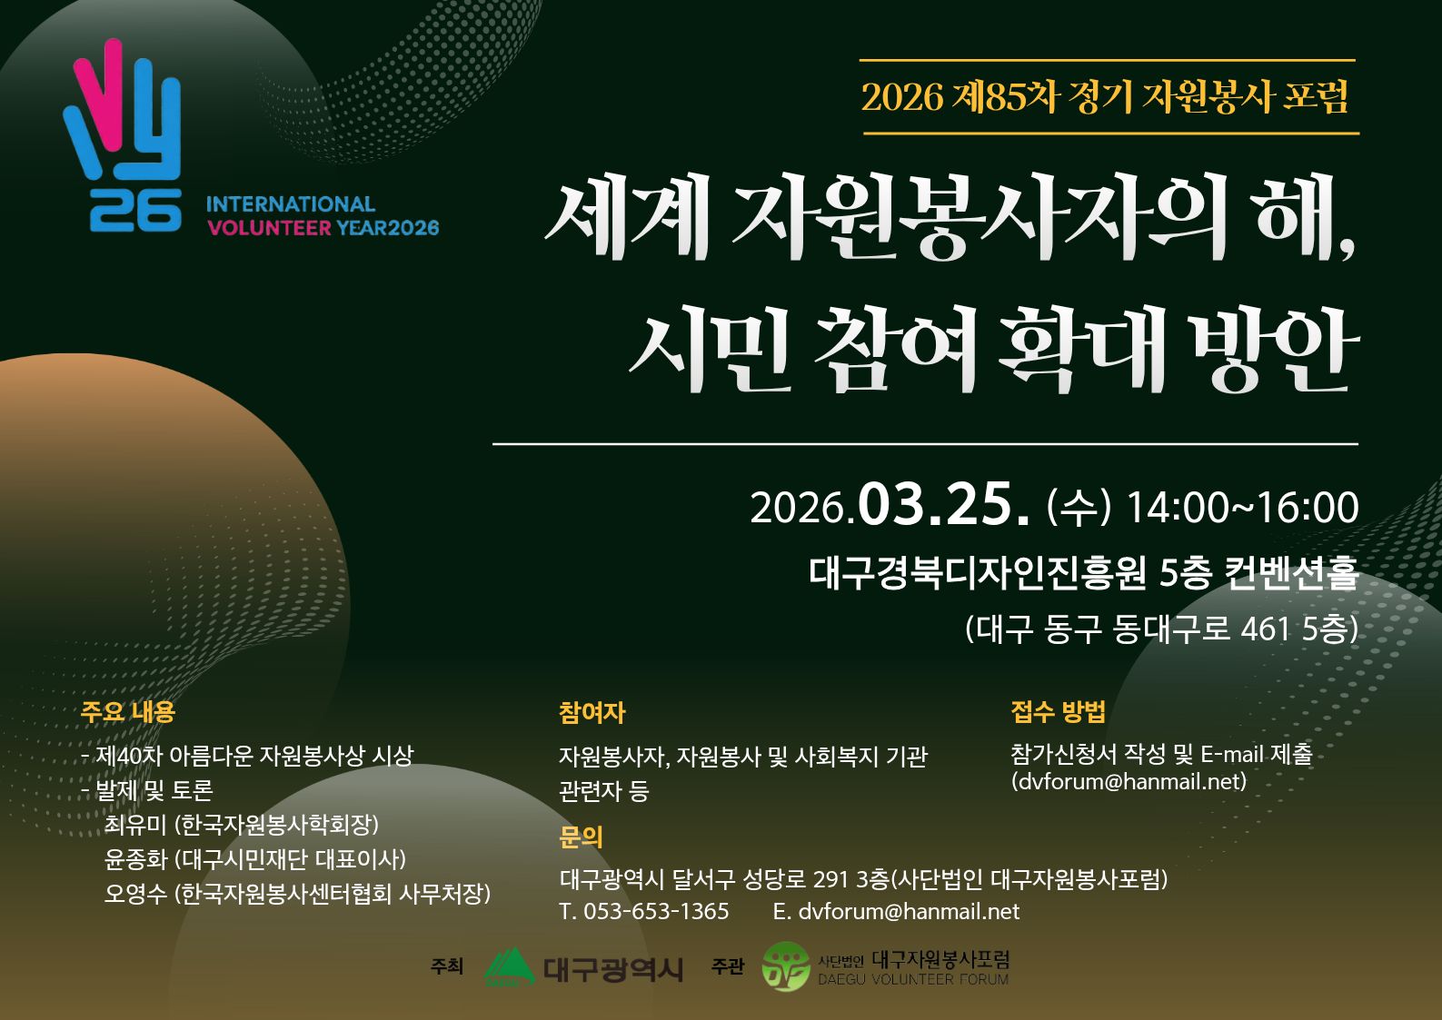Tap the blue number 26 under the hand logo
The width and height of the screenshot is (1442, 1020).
click(x=135, y=211)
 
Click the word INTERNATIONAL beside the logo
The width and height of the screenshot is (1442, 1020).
click(x=291, y=204)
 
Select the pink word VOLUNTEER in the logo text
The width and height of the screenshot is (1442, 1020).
click(x=270, y=228)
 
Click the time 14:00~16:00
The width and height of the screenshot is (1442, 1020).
click(x=1242, y=508)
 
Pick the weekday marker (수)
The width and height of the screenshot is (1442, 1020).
click(x=1078, y=508)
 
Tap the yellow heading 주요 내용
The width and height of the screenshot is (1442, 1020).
click(x=127, y=712)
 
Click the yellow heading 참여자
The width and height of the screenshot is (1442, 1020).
click(x=592, y=712)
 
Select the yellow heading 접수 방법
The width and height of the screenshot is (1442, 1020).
click(x=1058, y=711)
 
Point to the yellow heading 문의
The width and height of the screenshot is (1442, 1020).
click(x=581, y=837)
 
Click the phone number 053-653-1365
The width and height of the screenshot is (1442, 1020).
click(x=656, y=911)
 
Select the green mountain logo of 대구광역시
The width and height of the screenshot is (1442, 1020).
click(x=509, y=966)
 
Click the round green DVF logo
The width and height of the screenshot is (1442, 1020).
click(x=785, y=966)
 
